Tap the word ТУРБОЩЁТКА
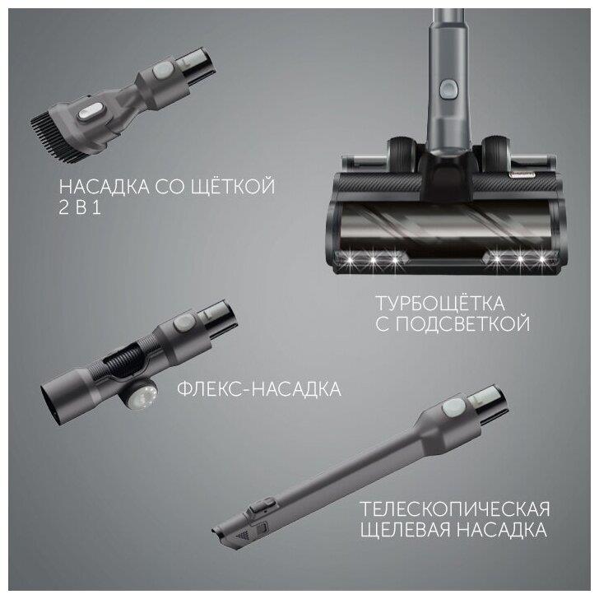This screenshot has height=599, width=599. click(x=440, y=304)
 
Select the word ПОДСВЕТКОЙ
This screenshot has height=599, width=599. click(x=462, y=324)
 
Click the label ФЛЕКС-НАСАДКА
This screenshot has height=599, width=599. click(x=259, y=389)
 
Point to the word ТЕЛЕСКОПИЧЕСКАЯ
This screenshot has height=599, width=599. click(x=455, y=509)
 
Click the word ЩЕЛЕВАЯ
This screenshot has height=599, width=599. click(x=406, y=530)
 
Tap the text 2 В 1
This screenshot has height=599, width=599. click(x=81, y=207)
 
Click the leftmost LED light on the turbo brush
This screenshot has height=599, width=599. click(x=350, y=260)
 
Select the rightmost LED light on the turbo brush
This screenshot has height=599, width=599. click(x=541, y=260)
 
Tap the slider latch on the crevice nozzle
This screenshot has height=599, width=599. click(x=262, y=506)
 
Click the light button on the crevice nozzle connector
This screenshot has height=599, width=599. click(x=454, y=406)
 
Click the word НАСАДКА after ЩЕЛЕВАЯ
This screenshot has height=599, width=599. click(x=501, y=530)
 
